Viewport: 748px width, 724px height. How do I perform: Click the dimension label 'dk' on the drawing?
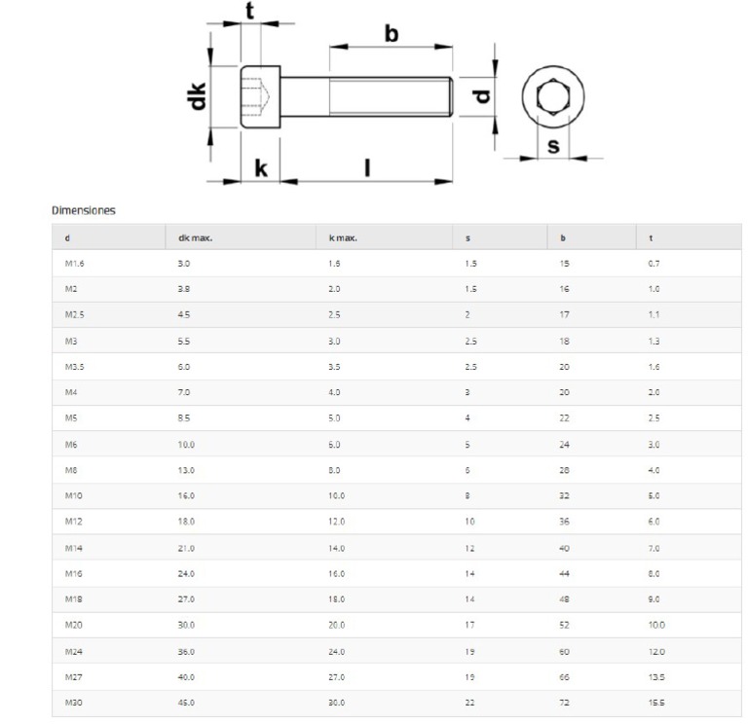(x=199, y=96)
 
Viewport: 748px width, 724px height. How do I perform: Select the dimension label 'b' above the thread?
(x=391, y=33)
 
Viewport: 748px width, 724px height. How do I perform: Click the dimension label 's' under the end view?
(x=553, y=147)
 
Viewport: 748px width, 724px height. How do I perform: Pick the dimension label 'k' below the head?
(x=260, y=168)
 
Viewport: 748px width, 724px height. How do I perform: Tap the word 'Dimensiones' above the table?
(x=83, y=209)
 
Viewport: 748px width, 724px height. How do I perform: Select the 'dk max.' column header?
(x=195, y=238)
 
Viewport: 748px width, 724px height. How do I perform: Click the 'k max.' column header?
(x=343, y=238)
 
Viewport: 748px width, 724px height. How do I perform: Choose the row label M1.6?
(x=75, y=264)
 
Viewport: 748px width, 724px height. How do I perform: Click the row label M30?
(x=73, y=702)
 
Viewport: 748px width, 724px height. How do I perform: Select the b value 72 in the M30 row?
(x=564, y=702)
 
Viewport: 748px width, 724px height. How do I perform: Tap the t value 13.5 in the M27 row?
(x=656, y=676)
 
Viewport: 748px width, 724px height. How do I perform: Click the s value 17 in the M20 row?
(x=469, y=625)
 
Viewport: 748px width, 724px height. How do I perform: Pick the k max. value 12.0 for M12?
(x=337, y=522)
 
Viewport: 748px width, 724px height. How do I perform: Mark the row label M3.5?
(x=75, y=367)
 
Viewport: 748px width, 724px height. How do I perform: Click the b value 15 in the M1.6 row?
(x=564, y=264)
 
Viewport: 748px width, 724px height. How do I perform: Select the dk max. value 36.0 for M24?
(x=186, y=650)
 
